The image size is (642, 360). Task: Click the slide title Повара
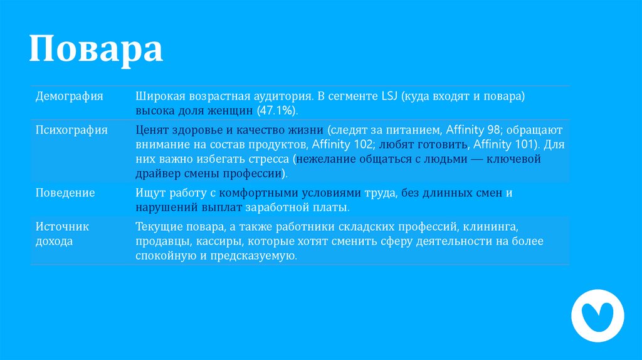[x=96, y=50]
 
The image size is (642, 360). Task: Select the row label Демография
[x=69, y=97]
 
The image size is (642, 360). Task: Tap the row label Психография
[x=71, y=130]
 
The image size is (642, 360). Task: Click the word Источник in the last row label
[x=62, y=226]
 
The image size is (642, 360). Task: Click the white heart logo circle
[x=597, y=315]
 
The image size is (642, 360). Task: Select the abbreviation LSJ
[x=389, y=97]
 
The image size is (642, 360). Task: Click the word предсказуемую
[x=258, y=257]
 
